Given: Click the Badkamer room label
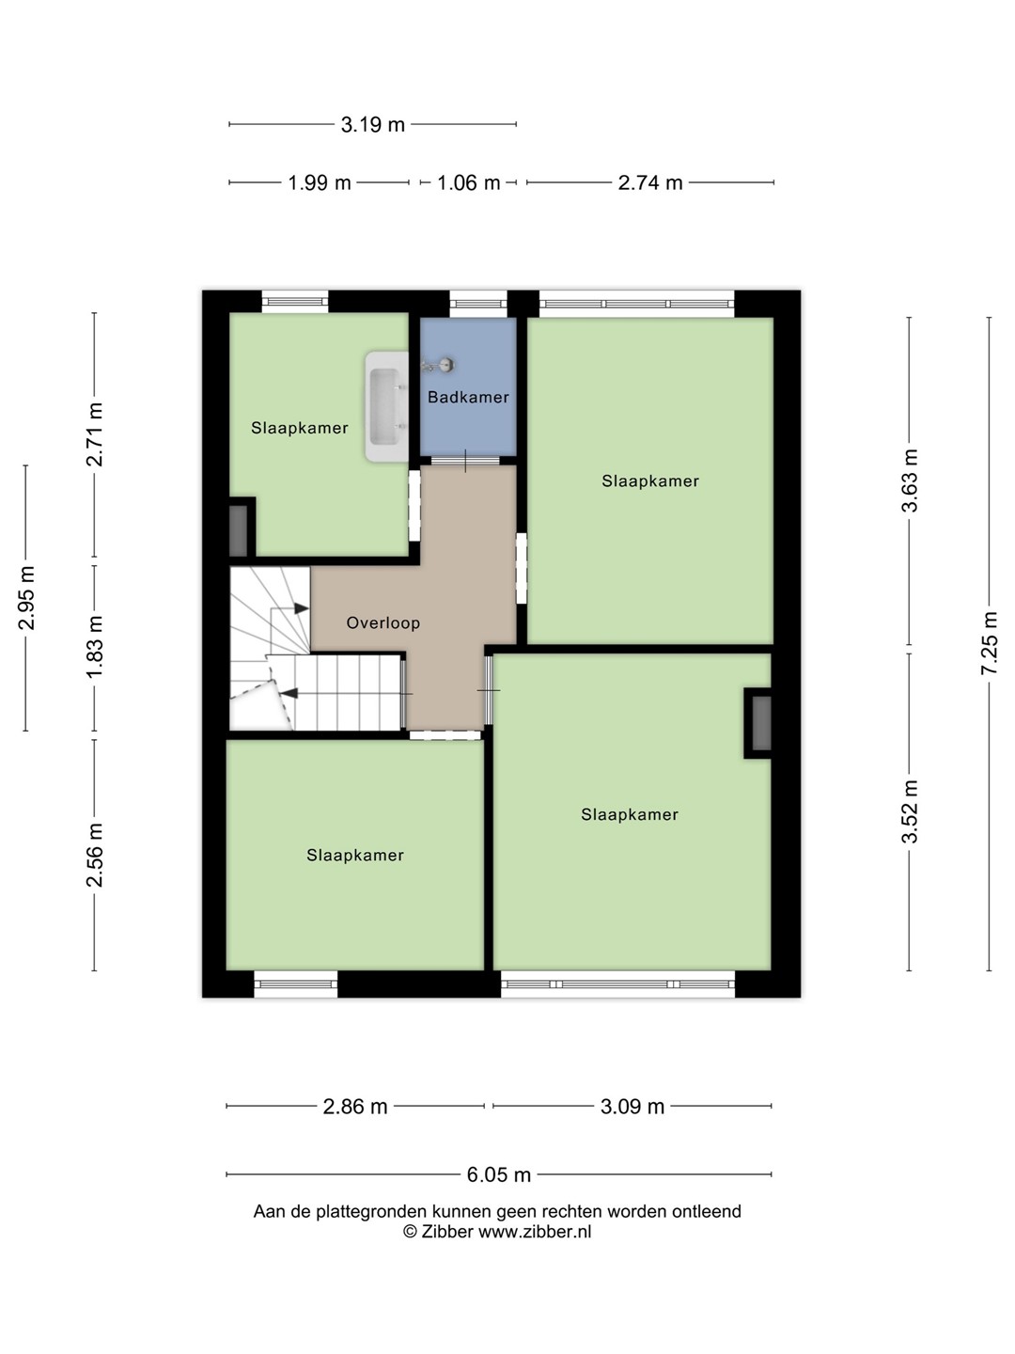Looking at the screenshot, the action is click(468, 397).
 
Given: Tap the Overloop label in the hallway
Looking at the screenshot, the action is click(383, 623).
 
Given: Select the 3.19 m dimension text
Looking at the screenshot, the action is click(373, 125).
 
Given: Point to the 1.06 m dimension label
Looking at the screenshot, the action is click(468, 182).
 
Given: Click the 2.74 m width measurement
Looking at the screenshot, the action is click(650, 182).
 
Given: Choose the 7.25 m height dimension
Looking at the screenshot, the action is click(989, 643).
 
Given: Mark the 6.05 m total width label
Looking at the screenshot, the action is click(498, 1174).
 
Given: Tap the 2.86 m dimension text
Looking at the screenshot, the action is click(355, 1107).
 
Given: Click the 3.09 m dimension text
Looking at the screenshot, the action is click(632, 1107).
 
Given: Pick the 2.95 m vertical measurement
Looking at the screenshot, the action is click(26, 597).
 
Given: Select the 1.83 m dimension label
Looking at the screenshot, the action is click(94, 647).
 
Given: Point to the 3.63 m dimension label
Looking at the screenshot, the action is click(910, 480).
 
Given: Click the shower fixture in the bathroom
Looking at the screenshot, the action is click(439, 365).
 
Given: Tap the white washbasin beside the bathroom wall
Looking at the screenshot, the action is click(386, 406).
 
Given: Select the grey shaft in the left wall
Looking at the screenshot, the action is click(239, 531).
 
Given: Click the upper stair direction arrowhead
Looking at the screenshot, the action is click(301, 608).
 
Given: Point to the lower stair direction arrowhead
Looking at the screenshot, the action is click(289, 693).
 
